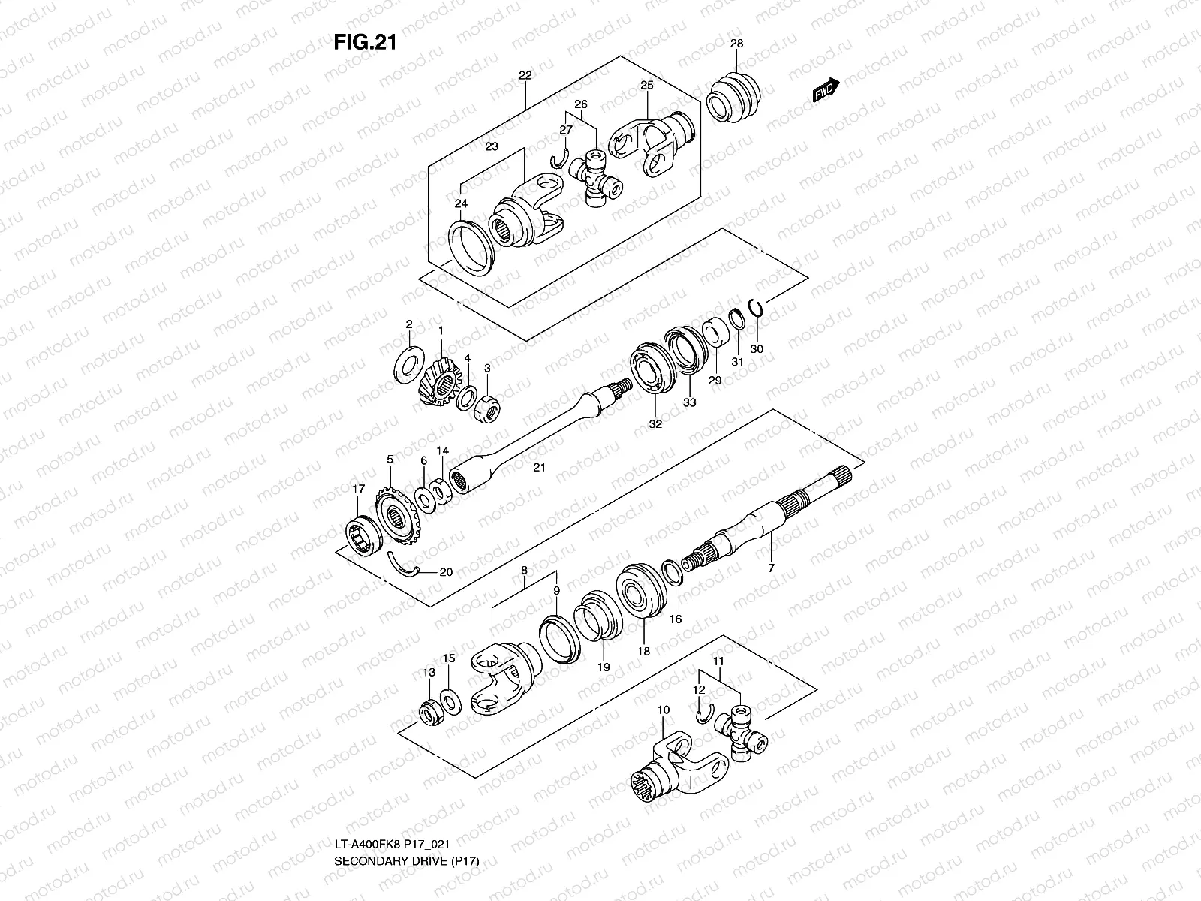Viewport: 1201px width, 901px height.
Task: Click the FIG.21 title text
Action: [364, 42]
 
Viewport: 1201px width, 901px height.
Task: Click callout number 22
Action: [525, 75]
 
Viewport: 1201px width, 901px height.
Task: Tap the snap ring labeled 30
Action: [757, 307]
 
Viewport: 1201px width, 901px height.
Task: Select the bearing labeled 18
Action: [640, 593]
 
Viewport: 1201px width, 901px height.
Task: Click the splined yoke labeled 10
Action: [676, 770]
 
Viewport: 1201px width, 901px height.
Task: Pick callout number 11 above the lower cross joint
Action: [718, 661]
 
